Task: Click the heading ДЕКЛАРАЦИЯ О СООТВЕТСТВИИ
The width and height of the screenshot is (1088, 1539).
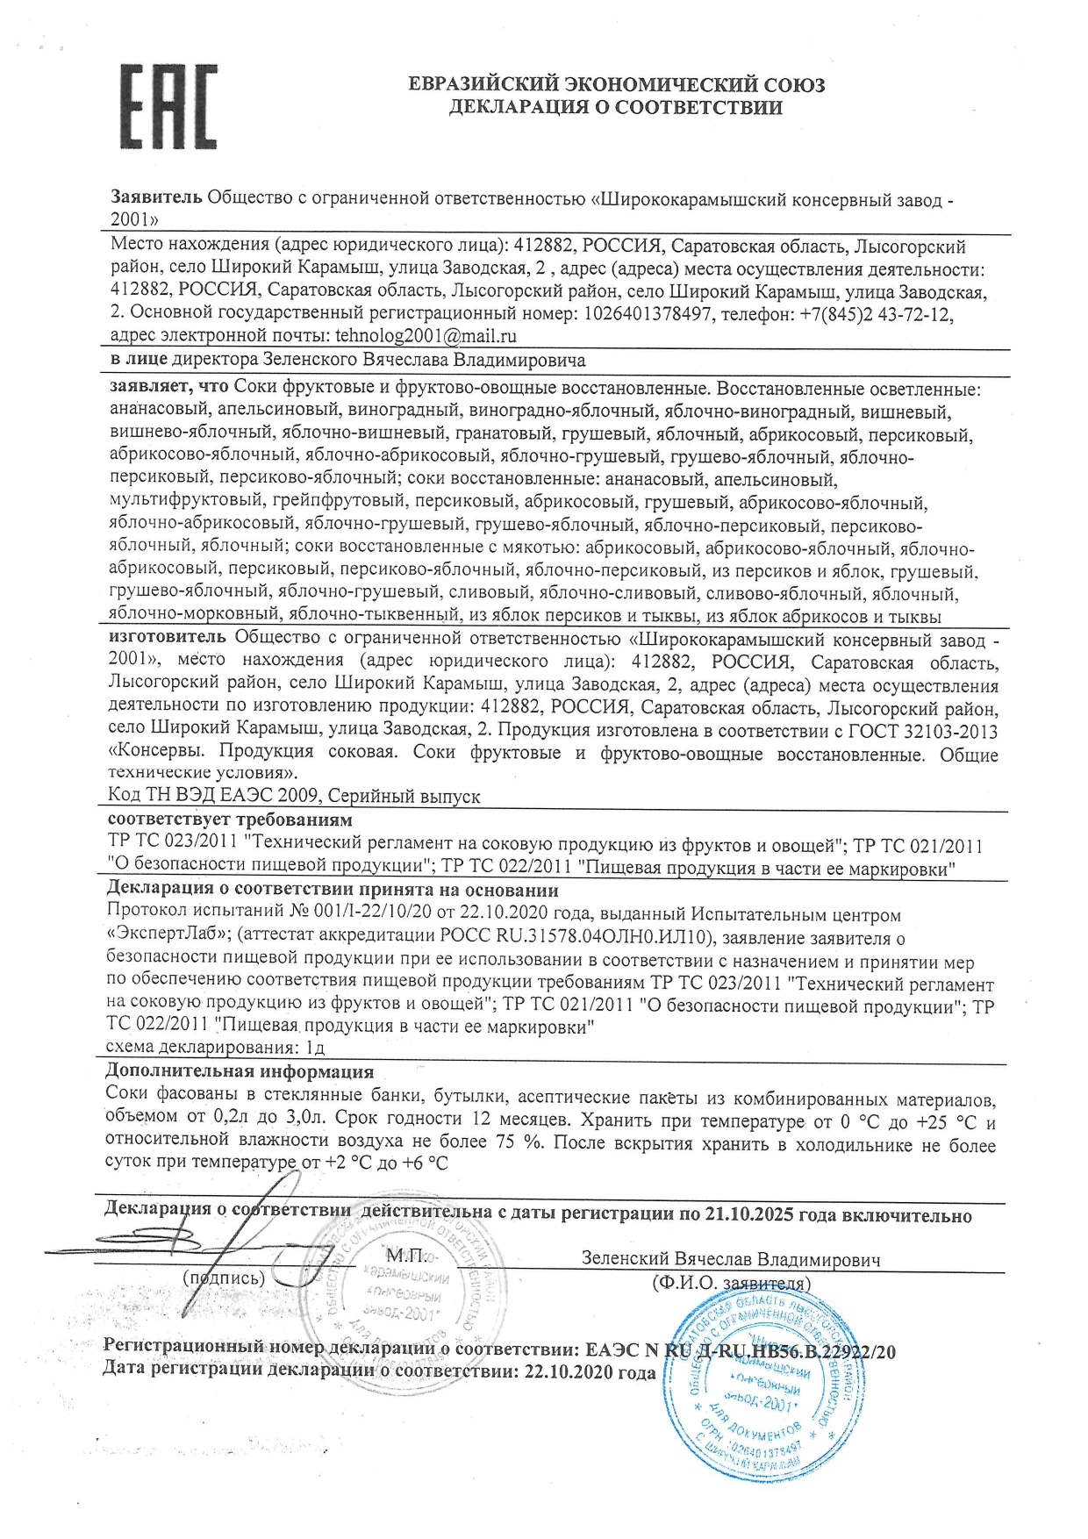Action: (x=615, y=108)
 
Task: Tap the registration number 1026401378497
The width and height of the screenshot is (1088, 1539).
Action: (x=647, y=314)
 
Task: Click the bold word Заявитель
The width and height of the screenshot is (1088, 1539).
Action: (x=156, y=198)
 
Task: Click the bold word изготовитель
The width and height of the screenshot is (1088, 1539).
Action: (x=168, y=637)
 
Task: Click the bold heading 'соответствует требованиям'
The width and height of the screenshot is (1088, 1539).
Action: (x=229, y=820)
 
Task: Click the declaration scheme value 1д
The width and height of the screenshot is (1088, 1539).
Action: (x=316, y=1048)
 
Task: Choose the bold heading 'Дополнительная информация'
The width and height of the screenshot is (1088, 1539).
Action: (x=240, y=1071)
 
